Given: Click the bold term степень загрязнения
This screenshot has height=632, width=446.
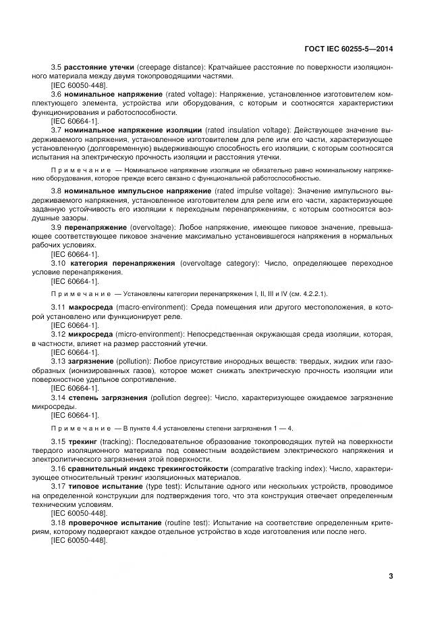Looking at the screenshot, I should (106, 397).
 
